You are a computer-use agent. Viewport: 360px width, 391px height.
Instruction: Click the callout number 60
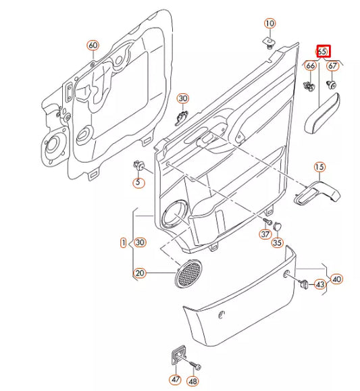(93, 45)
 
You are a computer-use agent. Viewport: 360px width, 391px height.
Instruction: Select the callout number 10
(269, 24)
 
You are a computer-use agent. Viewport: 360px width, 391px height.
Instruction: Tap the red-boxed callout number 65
(322, 51)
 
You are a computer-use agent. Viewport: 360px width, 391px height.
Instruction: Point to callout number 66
(310, 66)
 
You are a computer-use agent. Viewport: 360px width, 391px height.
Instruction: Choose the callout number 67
(332, 66)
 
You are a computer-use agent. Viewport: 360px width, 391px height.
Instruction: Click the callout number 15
(319, 167)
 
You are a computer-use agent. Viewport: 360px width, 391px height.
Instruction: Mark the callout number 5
(138, 182)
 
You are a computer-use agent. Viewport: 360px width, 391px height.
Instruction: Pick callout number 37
(265, 234)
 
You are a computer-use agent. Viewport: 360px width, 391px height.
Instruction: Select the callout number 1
(123, 242)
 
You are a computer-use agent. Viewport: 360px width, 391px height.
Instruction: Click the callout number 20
(140, 273)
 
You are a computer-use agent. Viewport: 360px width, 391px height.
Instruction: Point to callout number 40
(336, 278)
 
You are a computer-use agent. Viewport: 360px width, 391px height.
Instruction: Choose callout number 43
(320, 285)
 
